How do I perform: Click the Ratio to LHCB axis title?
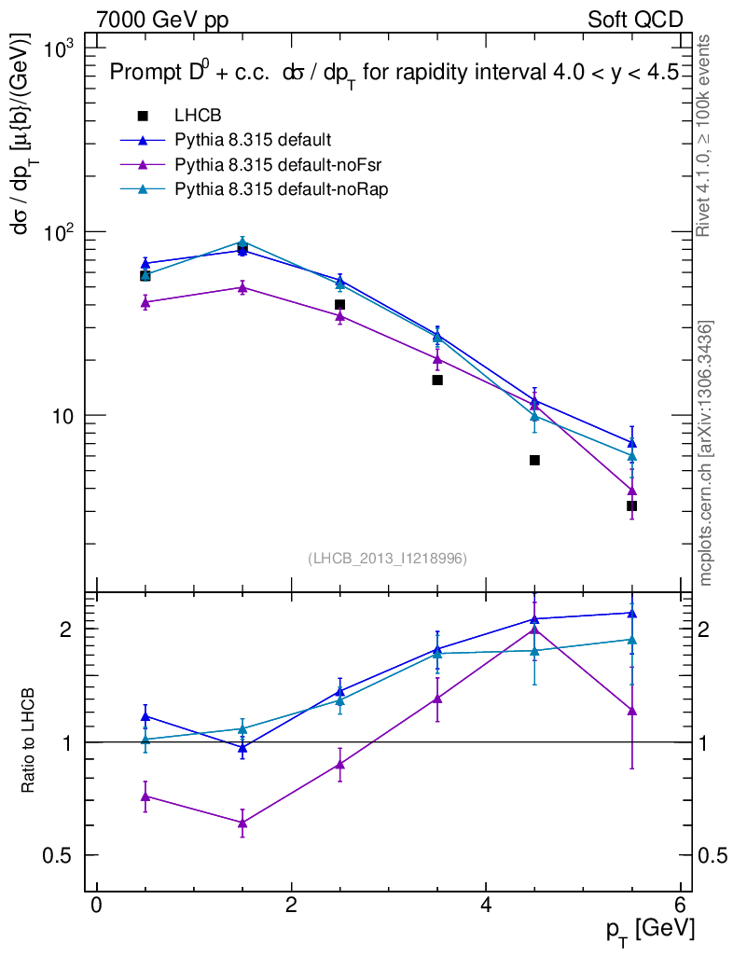pyautogui.click(x=30, y=741)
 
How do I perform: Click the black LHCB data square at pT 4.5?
pyautogui.click(x=534, y=460)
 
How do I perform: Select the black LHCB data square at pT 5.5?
pyautogui.click(x=631, y=505)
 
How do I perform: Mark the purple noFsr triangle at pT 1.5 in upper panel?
pyautogui.click(x=242, y=287)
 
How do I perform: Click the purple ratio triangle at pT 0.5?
pyautogui.click(x=145, y=796)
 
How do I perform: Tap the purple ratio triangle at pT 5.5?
pyautogui.click(x=631, y=711)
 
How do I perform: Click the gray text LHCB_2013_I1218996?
pyautogui.click(x=387, y=558)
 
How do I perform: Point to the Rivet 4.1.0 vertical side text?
pyautogui.click(x=705, y=135)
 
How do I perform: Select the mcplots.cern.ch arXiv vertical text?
pyautogui.click(x=705, y=452)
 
